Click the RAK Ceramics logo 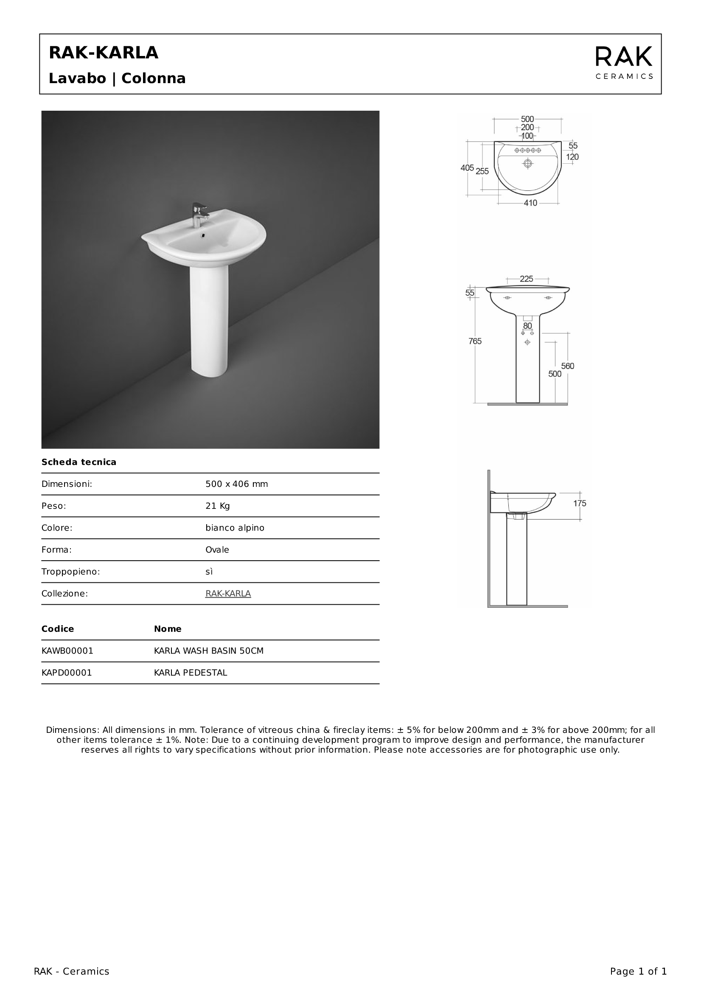624,63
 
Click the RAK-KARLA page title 104,53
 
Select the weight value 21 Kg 217,506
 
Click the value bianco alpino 235,528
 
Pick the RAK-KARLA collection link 228,593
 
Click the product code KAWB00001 67,651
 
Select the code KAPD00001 67,673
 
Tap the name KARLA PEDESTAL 190,673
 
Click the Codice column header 57,629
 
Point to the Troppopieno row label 70,572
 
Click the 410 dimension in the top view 530,203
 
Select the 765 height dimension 475,341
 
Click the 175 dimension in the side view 580,503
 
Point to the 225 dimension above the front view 527,279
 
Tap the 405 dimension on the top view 467,168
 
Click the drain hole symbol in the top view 527,163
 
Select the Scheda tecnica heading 79,462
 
